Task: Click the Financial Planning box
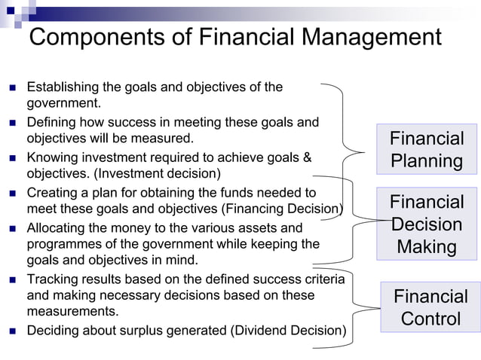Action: tap(427, 149)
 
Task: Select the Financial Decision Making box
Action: tap(427, 224)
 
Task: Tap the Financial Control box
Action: tap(430, 307)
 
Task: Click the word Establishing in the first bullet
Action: tap(63, 87)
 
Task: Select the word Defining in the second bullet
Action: tap(51, 122)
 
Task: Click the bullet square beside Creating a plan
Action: tap(12, 194)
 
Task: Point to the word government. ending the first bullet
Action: tap(63, 102)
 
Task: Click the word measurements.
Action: tap(72, 311)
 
